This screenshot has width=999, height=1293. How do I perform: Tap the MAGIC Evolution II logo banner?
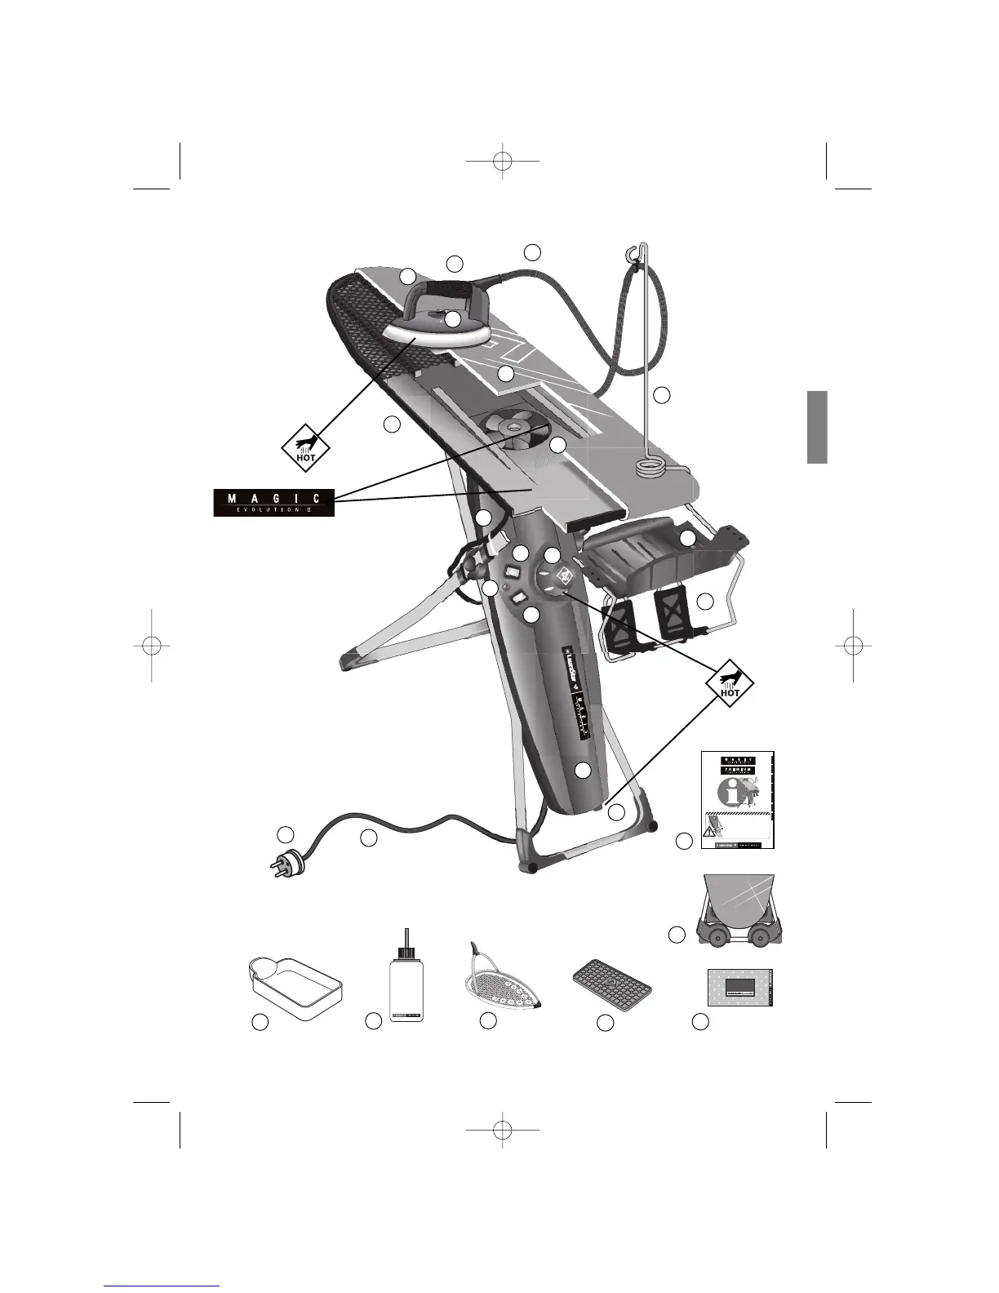coord(274,502)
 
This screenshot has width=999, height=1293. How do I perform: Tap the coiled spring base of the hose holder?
coord(651,469)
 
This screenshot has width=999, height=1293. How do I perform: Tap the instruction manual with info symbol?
coord(738,801)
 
